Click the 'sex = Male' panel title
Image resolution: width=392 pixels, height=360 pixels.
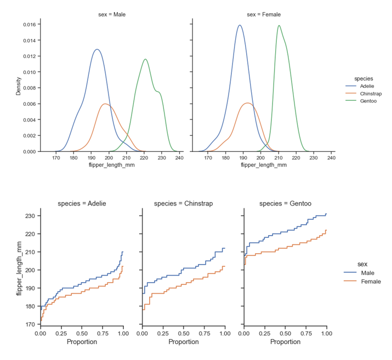[109, 14]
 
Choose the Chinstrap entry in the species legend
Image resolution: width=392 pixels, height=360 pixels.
[370, 93]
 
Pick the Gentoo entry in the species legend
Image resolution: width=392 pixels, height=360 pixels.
[368, 101]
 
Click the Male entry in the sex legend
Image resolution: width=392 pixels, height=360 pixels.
[368, 272]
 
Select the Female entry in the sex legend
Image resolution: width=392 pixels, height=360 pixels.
[371, 282]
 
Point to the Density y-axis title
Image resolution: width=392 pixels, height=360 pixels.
[18, 85]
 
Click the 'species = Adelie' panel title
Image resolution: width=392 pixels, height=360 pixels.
[82, 204]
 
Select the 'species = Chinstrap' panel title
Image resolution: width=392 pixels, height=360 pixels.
[183, 204]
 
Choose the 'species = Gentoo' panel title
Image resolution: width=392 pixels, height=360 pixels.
[285, 204]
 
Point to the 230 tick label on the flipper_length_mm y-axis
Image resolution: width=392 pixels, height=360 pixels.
[29, 216]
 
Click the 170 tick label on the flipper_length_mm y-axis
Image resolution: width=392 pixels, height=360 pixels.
[29, 324]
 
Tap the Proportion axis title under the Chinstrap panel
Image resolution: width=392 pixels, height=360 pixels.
[183, 342]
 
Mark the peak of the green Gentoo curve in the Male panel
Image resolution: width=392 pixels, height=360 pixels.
[145, 59]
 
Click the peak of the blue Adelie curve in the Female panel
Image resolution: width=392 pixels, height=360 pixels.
[240, 25]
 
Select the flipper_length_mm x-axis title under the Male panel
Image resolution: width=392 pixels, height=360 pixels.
[111, 165]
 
